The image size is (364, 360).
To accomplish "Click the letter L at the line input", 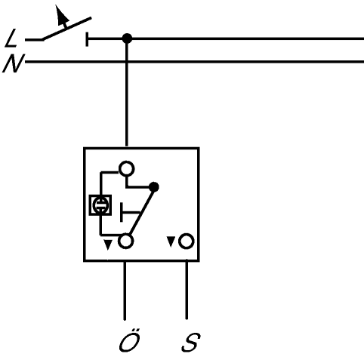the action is (x=11, y=38).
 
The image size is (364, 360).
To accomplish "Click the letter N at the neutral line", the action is (x=13, y=63).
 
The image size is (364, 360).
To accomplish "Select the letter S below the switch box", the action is (x=191, y=342).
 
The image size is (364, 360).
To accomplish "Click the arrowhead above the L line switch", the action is (x=61, y=16).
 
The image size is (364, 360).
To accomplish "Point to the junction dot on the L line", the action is (x=127, y=38).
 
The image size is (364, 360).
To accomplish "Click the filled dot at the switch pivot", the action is (x=154, y=187).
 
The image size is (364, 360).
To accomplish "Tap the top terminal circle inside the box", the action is (x=126, y=169).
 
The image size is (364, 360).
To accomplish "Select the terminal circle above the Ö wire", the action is (x=125, y=242).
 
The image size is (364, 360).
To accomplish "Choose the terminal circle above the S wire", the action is (x=187, y=241).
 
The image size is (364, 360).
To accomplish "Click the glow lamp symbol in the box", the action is (x=100, y=205).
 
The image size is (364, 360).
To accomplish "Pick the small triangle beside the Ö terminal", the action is (x=108, y=245).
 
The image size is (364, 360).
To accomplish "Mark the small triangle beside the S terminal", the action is (x=171, y=242).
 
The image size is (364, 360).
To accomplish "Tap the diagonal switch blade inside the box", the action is (x=141, y=211).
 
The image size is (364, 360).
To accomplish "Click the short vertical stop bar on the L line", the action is (x=87, y=39).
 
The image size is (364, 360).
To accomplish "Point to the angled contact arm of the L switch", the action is (x=66, y=29).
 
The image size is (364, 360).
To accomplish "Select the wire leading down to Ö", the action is (x=125, y=291).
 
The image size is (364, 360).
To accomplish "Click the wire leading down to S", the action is (x=187, y=290).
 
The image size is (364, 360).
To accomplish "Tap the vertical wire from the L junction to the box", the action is (x=127, y=93).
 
